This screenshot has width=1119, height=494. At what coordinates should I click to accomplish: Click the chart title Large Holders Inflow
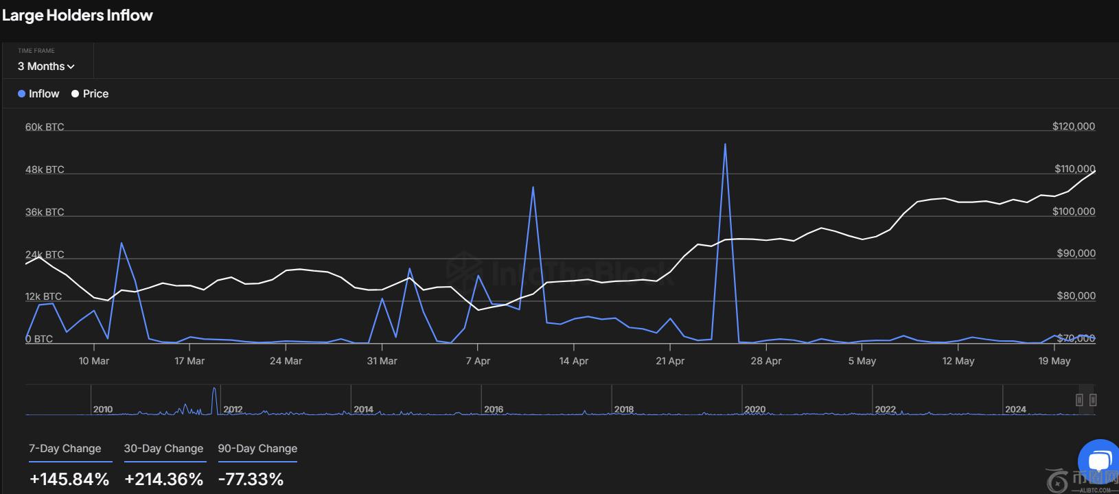(77, 15)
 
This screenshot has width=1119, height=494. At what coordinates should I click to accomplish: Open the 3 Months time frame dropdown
(46, 67)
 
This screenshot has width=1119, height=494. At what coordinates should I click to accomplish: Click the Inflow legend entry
(39, 94)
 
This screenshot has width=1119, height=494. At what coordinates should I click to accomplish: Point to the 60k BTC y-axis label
(45, 127)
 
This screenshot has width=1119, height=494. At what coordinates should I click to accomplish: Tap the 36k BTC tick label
(45, 212)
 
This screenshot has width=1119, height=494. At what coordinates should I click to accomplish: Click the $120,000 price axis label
(1073, 126)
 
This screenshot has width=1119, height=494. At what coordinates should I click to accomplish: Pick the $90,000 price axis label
(1076, 253)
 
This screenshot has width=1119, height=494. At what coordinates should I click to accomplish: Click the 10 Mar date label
(94, 361)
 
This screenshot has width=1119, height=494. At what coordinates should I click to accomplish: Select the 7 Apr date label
(478, 361)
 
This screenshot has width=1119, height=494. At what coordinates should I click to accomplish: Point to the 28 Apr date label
(766, 361)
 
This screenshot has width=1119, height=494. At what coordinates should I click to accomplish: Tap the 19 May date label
(1054, 361)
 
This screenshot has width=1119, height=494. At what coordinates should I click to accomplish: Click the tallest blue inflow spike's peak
(725, 144)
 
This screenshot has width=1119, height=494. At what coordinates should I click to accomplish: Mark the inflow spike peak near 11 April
(533, 187)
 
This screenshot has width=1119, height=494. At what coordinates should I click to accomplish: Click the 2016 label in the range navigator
(494, 410)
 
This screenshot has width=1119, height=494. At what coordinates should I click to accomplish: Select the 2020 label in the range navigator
(754, 410)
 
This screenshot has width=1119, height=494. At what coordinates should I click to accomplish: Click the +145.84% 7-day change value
(69, 479)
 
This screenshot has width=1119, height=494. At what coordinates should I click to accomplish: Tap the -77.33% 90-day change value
(251, 479)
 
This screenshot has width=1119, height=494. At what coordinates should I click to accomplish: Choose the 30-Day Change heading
(163, 449)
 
